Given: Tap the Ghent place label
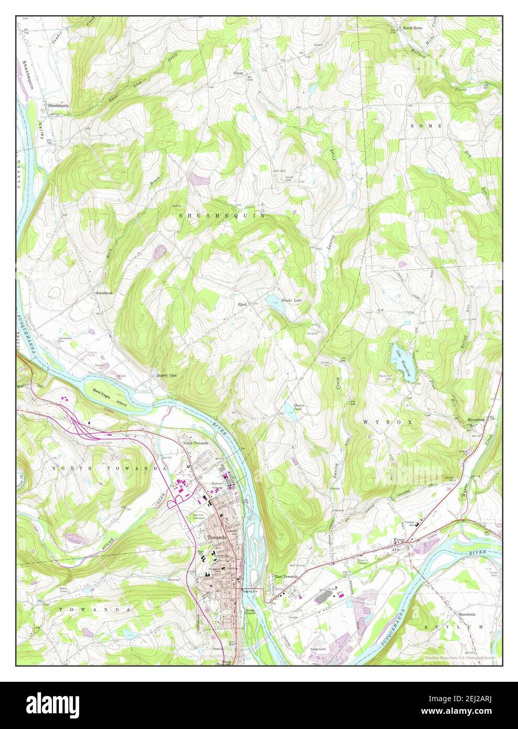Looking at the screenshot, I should [x=239, y=73].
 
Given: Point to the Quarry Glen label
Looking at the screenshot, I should [x=166, y=376].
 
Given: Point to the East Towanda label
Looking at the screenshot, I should [x=286, y=577].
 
